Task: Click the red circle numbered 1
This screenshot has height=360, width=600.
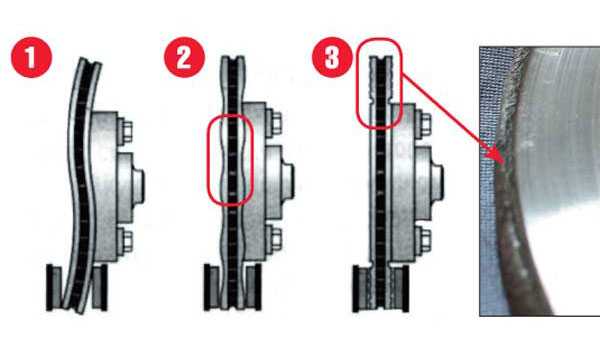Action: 31,57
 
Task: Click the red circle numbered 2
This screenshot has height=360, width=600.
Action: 184,57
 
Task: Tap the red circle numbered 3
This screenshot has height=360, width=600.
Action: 332,57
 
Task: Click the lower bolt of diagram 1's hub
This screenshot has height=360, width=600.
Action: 125,239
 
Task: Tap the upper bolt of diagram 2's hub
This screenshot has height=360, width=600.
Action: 274,122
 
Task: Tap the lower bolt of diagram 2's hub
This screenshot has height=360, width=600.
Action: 274,239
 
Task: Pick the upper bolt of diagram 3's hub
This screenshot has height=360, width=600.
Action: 424,122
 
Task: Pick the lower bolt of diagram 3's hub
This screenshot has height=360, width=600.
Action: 424,239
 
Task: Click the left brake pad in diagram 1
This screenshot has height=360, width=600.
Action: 54,287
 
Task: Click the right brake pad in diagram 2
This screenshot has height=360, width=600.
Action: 253,287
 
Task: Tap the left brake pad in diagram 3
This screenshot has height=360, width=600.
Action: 359,289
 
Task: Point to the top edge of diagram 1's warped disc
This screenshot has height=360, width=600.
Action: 91,61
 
